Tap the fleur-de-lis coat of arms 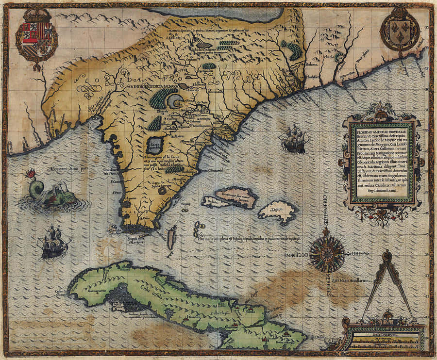point(399,31)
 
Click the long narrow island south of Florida point(170,238)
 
